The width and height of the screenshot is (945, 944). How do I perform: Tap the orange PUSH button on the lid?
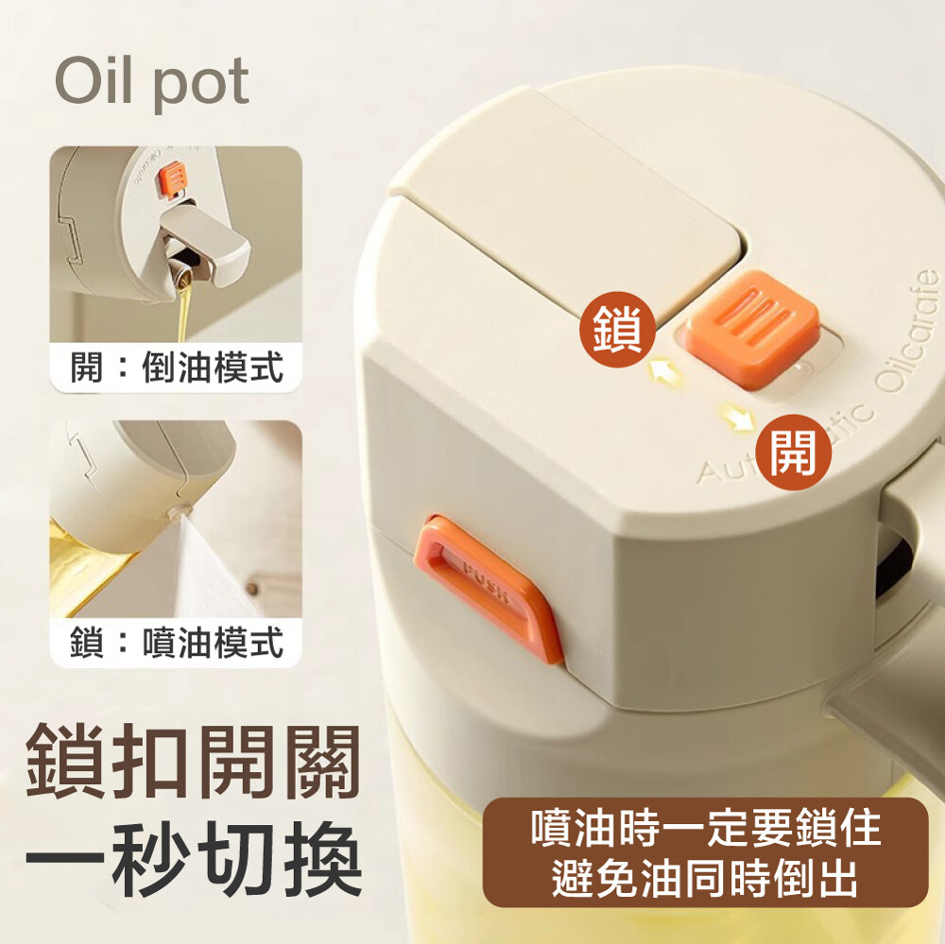click(x=489, y=589)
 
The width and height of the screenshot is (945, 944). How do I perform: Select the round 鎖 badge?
click(x=618, y=329)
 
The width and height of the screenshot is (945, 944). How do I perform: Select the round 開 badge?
click(x=793, y=452)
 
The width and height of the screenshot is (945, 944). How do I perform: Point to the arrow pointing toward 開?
click(x=737, y=417)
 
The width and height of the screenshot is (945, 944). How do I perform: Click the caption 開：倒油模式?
click(x=177, y=367)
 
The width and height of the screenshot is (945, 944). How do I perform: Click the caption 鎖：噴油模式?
click(x=177, y=642)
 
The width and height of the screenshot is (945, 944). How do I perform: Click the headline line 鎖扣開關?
click(x=193, y=763)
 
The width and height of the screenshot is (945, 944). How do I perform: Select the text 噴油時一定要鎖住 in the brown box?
click(x=706, y=829)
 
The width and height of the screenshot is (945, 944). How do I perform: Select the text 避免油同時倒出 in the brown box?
click(x=705, y=878)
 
